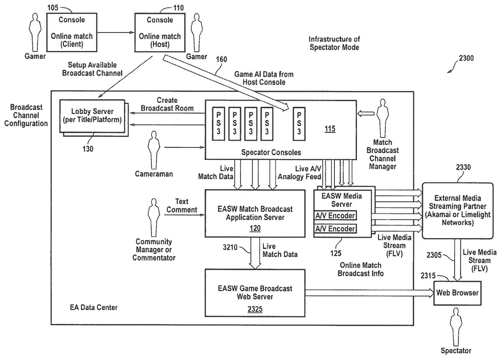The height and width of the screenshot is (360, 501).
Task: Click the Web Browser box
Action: point(457,293)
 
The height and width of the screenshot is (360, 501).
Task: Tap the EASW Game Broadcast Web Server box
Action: point(255,292)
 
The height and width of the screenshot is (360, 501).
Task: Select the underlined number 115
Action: point(329,129)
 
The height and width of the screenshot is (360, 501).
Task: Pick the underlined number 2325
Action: point(255,309)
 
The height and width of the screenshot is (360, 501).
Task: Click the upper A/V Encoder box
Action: point(335,216)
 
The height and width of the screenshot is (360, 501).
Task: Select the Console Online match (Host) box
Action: point(160,32)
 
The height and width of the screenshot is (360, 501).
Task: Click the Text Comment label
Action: point(182,205)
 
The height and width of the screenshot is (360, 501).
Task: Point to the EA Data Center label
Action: point(94,308)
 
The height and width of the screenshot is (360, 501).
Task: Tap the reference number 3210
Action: point(229,247)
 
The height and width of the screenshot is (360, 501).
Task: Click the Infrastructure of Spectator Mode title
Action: point(334,43)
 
